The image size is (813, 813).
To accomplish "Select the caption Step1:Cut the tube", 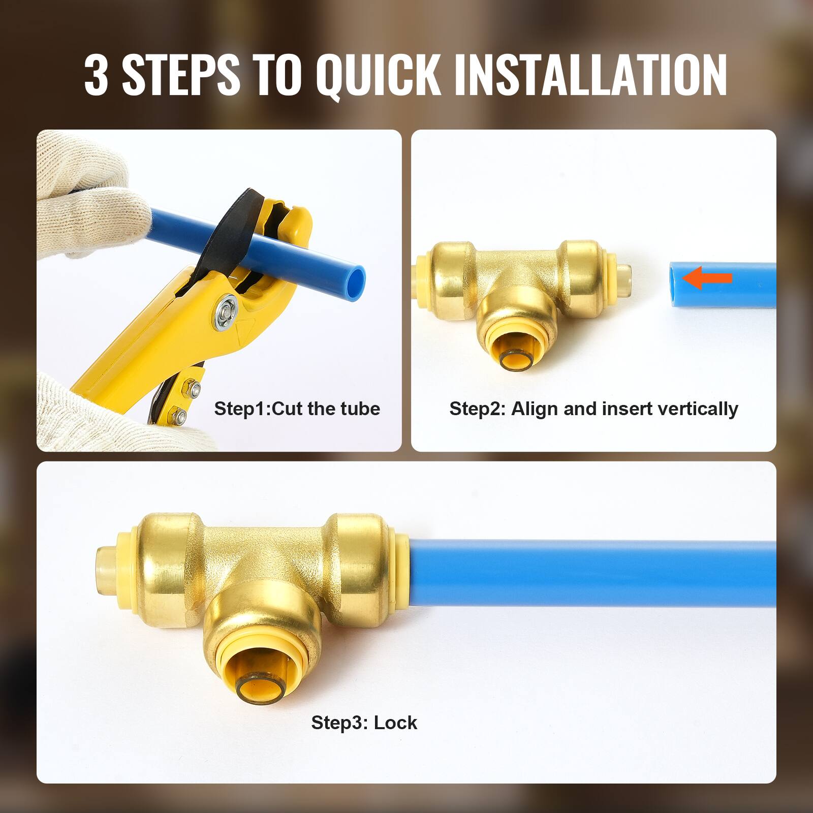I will pos(297,409).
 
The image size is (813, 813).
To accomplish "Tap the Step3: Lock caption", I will pos(364,722).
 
